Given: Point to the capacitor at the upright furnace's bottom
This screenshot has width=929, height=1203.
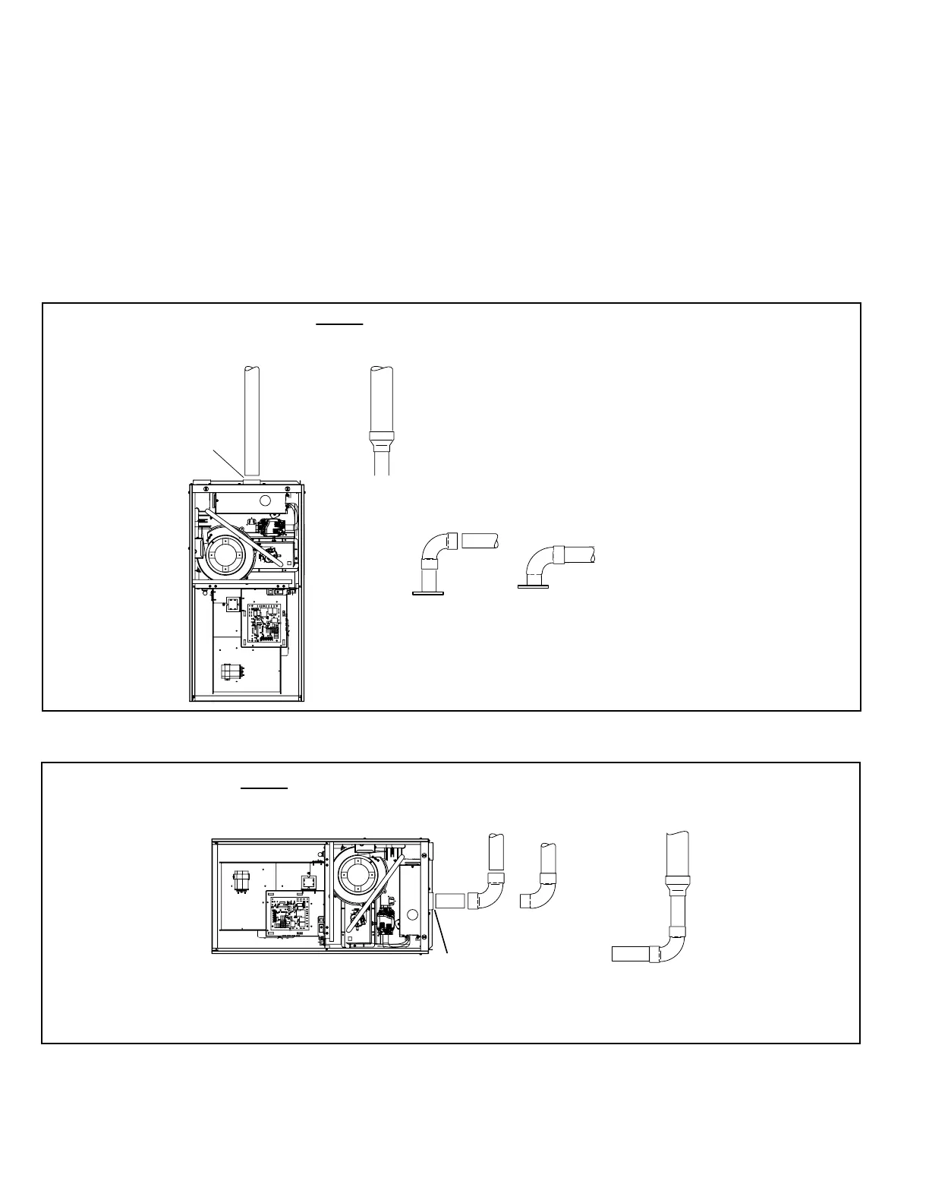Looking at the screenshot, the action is pyautogui.click(x=229, y=674).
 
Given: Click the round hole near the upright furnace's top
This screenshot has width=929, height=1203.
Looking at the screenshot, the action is pyautogui.click(x=265, y=501).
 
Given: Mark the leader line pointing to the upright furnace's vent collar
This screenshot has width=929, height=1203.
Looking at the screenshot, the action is pyautogui.click(x=226, y=463).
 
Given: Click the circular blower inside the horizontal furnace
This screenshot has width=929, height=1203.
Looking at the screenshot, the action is pyautogui.click(x=354, y=875).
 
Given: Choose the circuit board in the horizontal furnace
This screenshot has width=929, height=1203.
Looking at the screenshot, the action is pyautogui.click(x=289, y=910).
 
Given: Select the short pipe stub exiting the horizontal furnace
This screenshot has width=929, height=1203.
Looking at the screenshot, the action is pyautogui.click(x=451, y=901).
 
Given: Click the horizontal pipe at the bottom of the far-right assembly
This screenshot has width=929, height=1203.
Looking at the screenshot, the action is pyautogui.click(x=631, y=954).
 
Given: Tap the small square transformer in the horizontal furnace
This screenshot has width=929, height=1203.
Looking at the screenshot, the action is pyautogui.click(x=309, y=880).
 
